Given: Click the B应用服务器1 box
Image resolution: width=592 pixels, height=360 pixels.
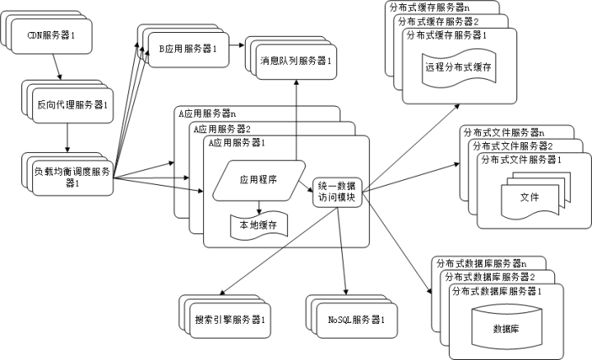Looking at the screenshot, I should pyautogui.click(x=187, y=49).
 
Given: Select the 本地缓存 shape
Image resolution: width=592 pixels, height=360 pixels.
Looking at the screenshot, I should pyautogui.click(x=257, y=224).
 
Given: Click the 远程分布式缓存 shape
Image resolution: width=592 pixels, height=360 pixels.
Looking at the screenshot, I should pyautogui.click(x=458, y=67).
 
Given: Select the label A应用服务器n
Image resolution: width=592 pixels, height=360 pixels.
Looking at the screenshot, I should pyautogui.click(x=207, y=113).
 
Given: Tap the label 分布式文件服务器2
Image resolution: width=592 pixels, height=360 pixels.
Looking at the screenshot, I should pyautogui.click(x=511, y=145).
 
